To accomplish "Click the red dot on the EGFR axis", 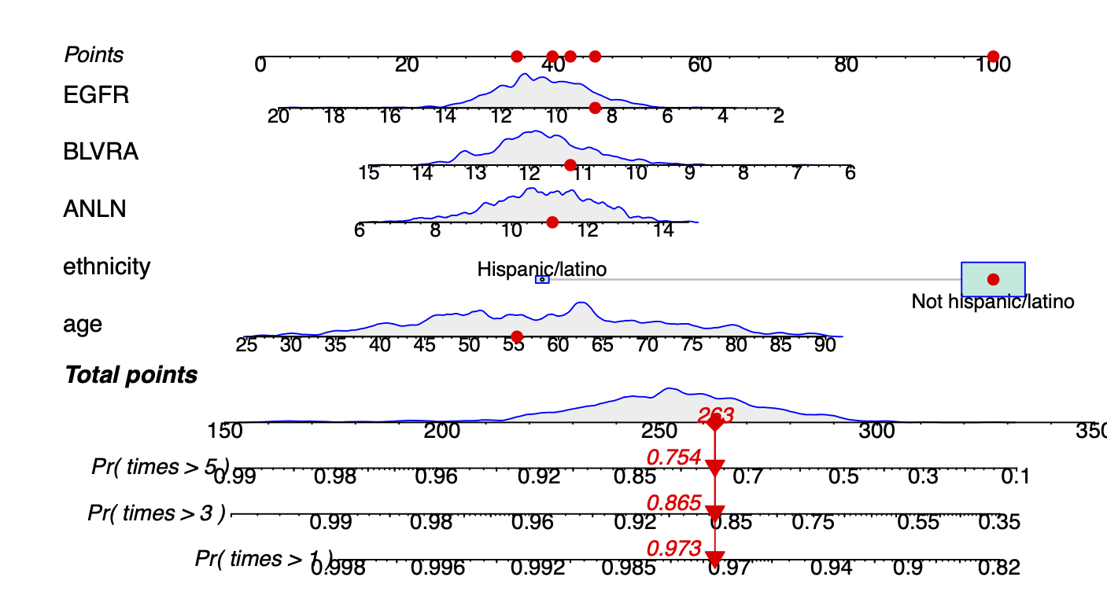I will [595, 108].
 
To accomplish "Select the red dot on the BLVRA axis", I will [570, 165].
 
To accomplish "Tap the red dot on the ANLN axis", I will [552, 222].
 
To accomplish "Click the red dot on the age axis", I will [517, 336].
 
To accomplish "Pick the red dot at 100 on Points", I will [993, 57].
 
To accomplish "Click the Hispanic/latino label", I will [542, 270].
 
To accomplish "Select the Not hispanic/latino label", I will [992, 301].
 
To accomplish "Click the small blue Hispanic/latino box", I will [542, 280].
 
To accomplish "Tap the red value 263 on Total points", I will [715, 414].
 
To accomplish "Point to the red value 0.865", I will [673, 503].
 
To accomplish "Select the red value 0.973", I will [673, 549].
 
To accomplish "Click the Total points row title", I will [131, 375].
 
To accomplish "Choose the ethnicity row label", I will [107, 267].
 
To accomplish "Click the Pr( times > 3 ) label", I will [157, 513].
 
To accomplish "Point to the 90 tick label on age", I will [825, 346].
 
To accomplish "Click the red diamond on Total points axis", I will [714, 424].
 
